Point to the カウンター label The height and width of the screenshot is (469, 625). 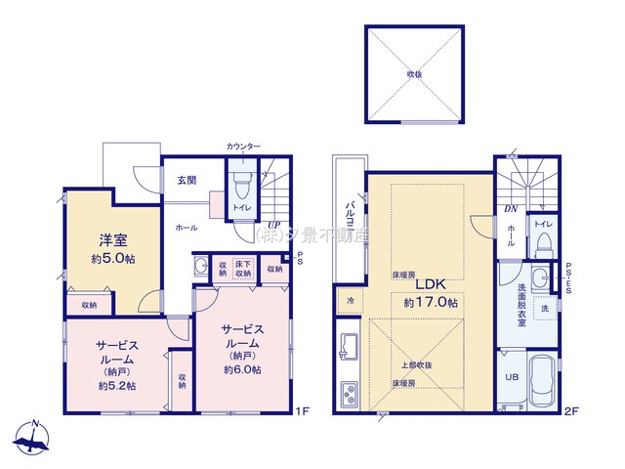tap(243, 147)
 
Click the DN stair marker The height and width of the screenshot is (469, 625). tap(511, 208)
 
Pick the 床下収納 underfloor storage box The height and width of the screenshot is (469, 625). tap(244, 269)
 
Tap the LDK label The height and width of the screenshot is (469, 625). tap(432, 284)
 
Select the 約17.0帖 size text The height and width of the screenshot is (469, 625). tap(432, 302)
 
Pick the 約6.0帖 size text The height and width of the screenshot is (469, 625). tap(242, 370)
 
